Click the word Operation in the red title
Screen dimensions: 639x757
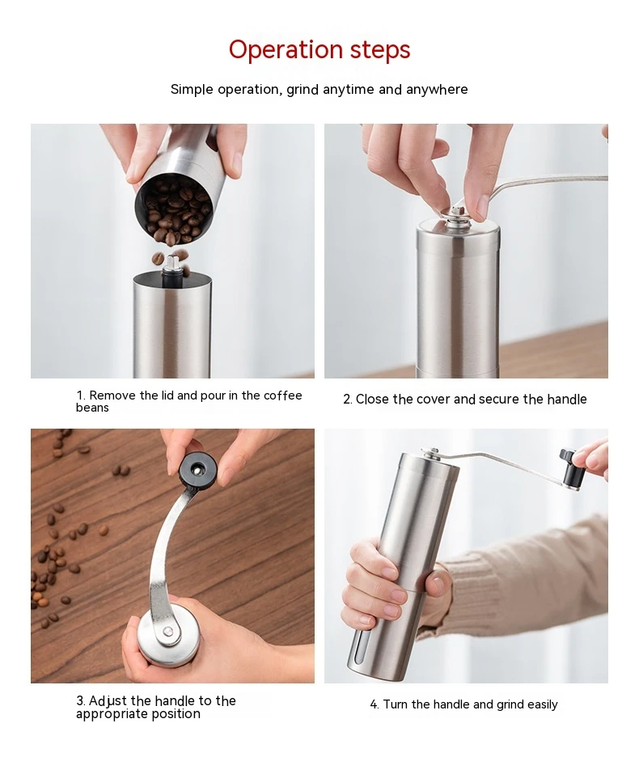[x=286, y=49]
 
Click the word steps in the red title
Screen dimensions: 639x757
[x=380, y=49]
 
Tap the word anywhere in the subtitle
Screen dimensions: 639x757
[x=437, y=90]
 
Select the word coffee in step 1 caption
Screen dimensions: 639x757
[x=283, y=395]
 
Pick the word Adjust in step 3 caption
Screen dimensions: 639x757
[x=108, y=701]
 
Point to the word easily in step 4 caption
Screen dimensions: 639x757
[x=543, y=705]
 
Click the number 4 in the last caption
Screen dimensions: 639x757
[x=375, y=705]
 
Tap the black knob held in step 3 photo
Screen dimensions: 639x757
[x=198, y=468]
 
